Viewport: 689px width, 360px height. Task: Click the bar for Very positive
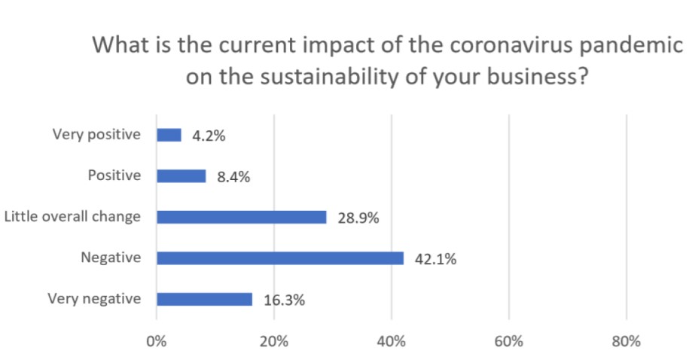[x=169, y=135]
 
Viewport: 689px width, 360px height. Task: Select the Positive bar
[x=181, y=176]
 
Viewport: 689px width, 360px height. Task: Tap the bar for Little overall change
[x=241, y=217]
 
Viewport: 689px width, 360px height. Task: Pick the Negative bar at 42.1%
[x=279, y=258]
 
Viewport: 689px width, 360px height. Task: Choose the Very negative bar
[x=204, y=299]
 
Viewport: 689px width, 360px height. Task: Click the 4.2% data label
[x=209, y=136]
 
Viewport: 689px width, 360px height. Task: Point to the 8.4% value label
[x=233, y=178]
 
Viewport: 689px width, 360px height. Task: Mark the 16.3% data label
[x=284, y=301]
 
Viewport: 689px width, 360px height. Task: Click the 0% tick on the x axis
[x=157, y=341]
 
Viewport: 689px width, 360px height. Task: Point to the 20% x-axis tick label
[x=274, y=341]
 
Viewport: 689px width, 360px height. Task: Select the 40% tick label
[x=392, y=341]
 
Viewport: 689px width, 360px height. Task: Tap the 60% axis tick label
[x=509, y=341]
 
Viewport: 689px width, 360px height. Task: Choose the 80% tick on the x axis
[x=627, y=341]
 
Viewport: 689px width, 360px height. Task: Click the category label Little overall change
[x=72, y=217]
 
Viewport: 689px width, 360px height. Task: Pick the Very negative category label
[x=94, y=298]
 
